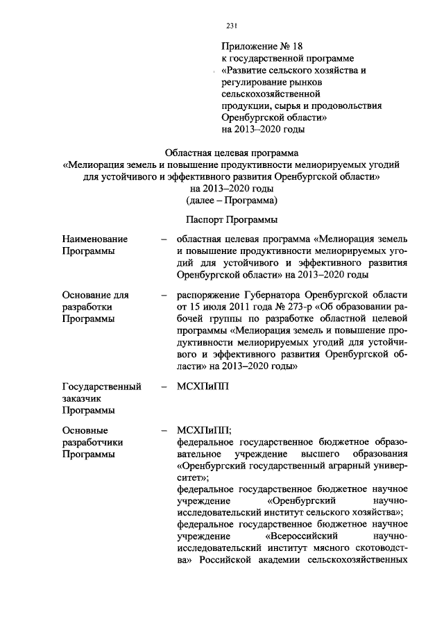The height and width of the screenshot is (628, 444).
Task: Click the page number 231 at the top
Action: [x=232, y=26]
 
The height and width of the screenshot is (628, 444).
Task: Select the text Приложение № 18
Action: [x=259, y=46]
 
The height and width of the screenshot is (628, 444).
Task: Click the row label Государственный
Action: [x=102, y=387]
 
